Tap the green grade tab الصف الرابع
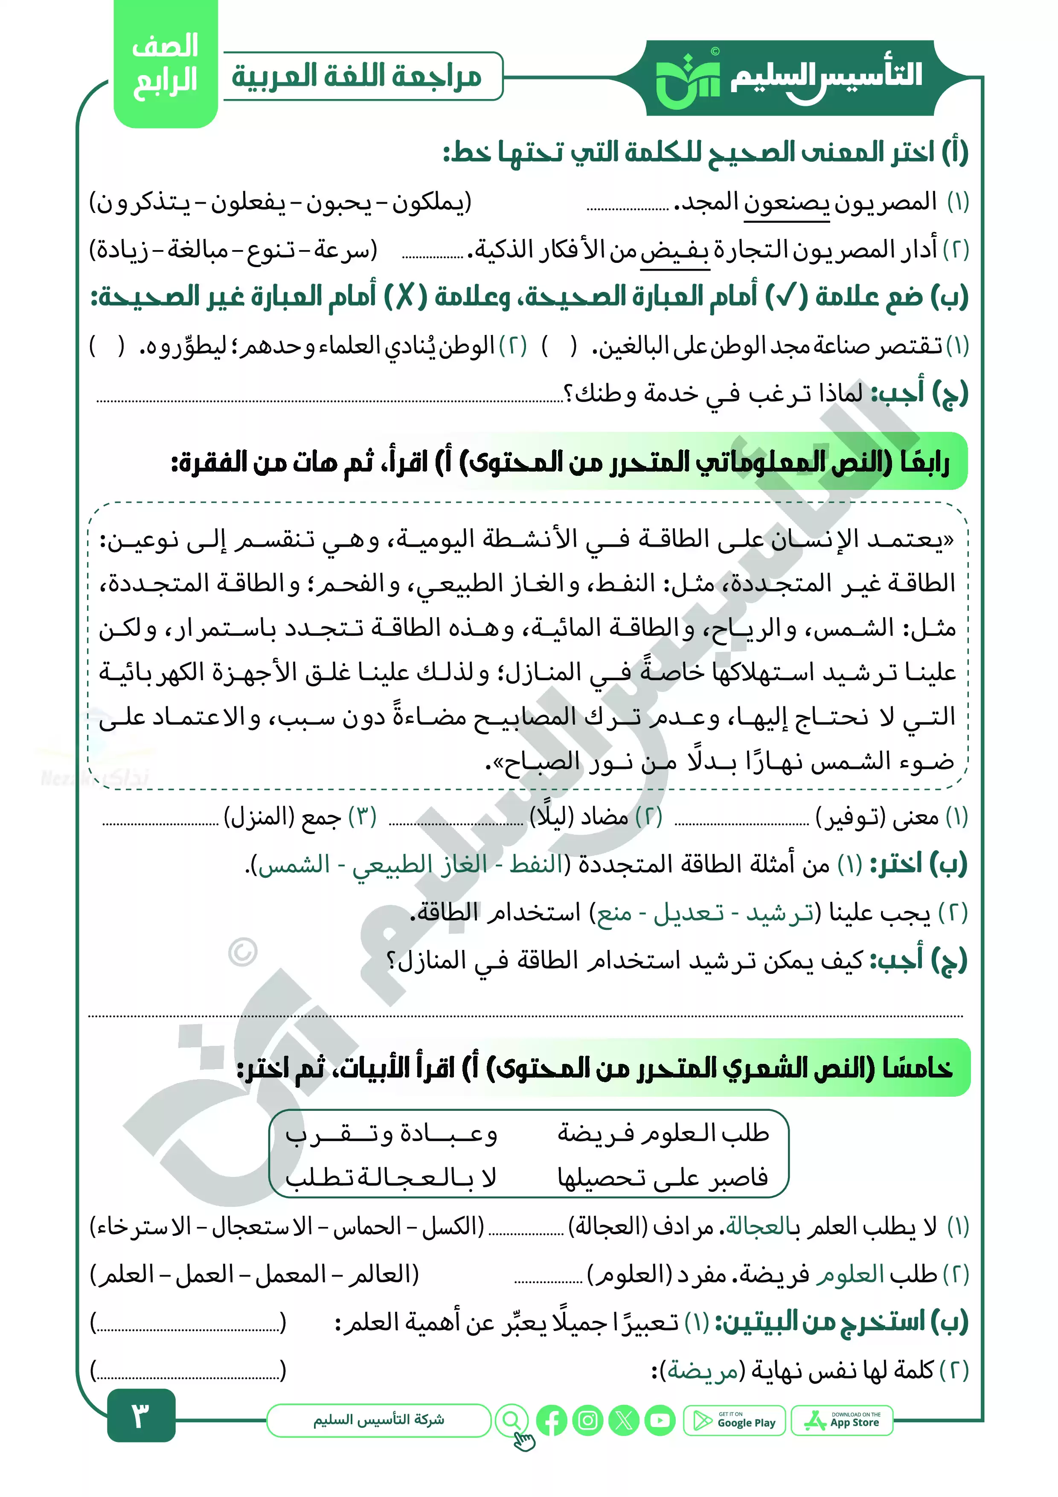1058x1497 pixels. coord(166,65)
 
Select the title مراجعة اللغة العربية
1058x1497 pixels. coord(357,76)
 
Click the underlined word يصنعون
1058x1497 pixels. coord(787,203)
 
